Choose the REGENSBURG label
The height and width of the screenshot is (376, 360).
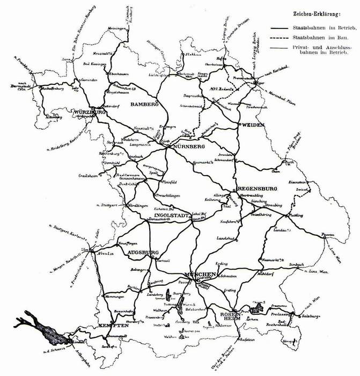coord(256,189)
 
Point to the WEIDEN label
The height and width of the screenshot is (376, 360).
coord(249,124)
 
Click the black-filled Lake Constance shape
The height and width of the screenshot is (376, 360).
coord(40,325)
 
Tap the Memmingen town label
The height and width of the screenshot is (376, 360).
coord(114,297)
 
